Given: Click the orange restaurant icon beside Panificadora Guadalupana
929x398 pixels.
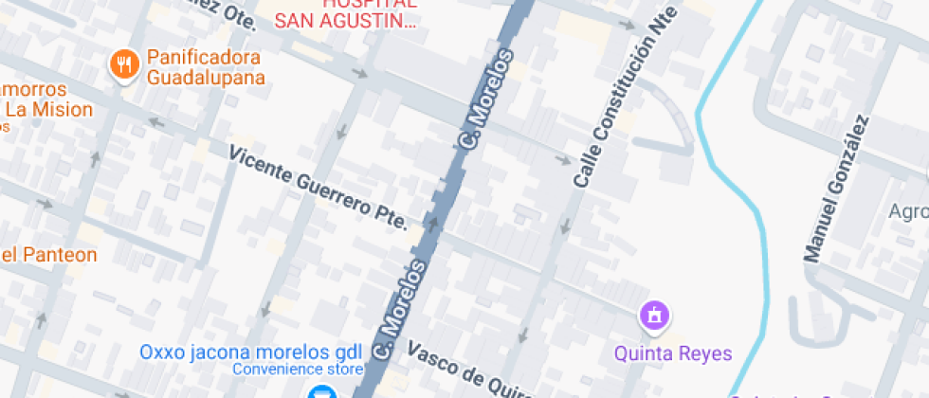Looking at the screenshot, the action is [x=125, y=64].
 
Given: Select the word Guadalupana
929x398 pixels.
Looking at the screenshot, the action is [x=205, y=78].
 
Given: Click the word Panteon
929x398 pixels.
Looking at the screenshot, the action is [x=59, y=254].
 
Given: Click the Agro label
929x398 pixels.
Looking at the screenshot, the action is [x=907, y=210].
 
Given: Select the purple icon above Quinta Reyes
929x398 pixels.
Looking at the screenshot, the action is [x=654, y=316].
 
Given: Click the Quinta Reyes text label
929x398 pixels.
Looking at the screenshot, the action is [x=673, y=353].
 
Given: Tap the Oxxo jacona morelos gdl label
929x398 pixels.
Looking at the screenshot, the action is [x=250, y=352].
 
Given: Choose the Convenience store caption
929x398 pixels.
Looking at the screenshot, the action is [x=297, y=369].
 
